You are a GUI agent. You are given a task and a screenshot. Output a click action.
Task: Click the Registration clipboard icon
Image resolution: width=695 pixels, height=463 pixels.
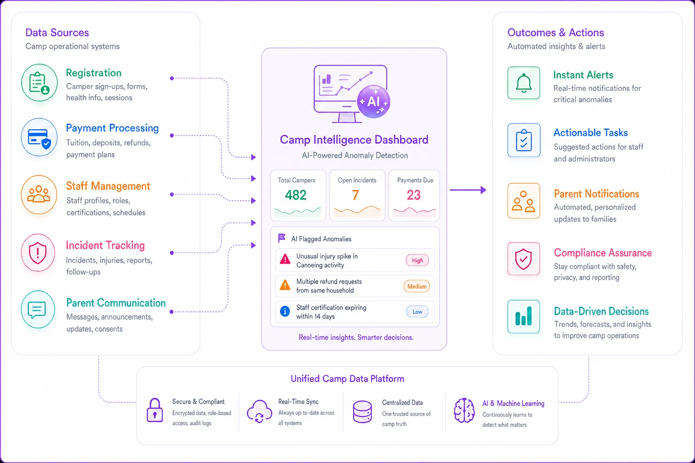(39, 83)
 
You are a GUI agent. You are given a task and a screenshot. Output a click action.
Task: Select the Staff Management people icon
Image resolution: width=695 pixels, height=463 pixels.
(39, 195)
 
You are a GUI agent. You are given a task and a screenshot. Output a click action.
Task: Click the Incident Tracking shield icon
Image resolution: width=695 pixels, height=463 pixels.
(38, 253)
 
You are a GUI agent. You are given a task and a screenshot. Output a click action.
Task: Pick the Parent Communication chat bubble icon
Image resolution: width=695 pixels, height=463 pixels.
(38, 309)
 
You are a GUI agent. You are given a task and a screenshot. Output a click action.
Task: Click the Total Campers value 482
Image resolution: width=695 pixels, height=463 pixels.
(295, 195)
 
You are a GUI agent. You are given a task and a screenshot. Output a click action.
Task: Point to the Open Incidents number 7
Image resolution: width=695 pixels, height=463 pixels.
(356, 195)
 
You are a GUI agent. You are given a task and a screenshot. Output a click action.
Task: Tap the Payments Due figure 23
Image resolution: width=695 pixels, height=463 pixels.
(414, 195)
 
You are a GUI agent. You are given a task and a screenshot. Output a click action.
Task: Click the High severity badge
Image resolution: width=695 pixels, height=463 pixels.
(417, 260)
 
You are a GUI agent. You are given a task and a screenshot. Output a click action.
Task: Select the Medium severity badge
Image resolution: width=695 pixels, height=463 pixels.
(417, 286)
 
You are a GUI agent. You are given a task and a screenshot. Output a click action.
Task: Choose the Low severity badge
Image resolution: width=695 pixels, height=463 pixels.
(417, 312)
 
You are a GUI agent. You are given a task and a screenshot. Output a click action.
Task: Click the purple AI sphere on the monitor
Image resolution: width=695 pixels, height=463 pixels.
(374, 101)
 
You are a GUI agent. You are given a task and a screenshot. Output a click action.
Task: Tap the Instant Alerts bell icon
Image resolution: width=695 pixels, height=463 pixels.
(524, 83)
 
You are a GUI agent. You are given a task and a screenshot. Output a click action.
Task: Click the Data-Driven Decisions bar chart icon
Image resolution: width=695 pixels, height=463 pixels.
(524, 317)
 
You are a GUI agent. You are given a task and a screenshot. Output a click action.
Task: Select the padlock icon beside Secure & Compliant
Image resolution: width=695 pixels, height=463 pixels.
(155, 410)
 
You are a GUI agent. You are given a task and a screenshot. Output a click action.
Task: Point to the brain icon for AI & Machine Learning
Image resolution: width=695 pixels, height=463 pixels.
(464, 411)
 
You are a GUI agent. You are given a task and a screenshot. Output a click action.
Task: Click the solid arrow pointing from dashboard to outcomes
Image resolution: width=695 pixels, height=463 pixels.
(468, 190)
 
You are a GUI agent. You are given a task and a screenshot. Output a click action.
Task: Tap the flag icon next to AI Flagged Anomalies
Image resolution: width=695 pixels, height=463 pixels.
(282, 238)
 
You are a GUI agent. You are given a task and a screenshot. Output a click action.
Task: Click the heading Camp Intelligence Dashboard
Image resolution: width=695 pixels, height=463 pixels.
(354, 140)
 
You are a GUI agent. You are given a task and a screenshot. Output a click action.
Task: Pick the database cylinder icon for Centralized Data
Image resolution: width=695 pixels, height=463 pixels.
(362, 411)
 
